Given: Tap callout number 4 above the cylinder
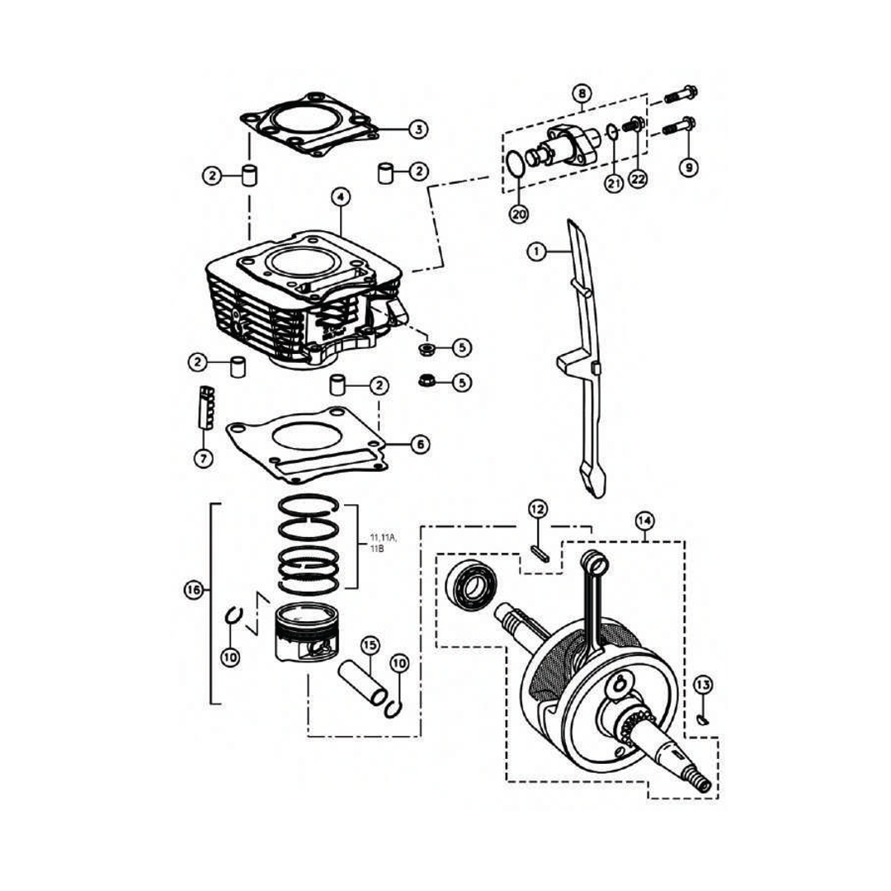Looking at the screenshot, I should (x=340, y=197).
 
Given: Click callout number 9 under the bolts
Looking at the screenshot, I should (x=688, y=167).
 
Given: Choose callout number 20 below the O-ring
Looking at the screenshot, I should (x=518, y=214).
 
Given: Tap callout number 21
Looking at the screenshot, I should (x=613, y=184).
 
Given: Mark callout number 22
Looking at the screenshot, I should (x=638, y=178).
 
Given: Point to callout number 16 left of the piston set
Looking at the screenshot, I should (x=193, y=590).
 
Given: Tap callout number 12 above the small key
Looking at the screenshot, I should (x=537, y=509).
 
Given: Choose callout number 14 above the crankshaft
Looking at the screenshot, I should (x=644, y=521).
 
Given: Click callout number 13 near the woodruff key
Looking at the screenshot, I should (x=702, y=685).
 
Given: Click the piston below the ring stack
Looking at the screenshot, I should (x=306, y=637).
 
